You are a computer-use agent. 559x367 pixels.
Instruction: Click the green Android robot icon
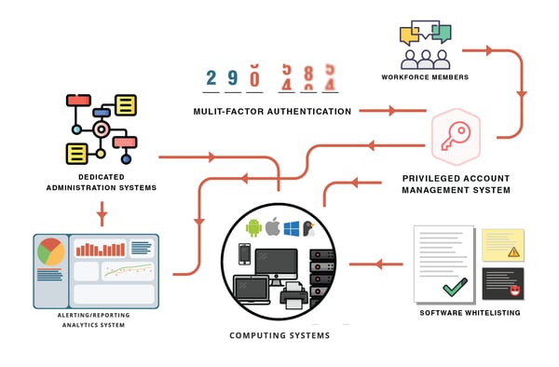tap(252, 227)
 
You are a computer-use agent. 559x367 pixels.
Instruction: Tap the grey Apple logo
tap(273, 226)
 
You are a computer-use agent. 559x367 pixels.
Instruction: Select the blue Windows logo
tap(293, 227)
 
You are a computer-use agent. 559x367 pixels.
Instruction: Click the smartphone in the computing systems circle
tap(244, 254)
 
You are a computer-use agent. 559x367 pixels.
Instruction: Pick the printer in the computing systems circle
tap(293, 297)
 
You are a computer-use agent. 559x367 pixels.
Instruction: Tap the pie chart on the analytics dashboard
tap(50, 251)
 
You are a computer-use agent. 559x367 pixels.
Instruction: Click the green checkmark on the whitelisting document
tap(455, 288)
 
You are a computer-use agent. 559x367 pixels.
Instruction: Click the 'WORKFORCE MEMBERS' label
tap(424, 77)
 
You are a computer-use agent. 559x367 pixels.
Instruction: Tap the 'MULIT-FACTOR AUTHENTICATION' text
tap(272, 112)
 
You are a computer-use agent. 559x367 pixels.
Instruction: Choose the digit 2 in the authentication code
tap(211, 78)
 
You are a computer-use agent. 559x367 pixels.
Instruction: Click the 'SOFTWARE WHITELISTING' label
tap(470, 313)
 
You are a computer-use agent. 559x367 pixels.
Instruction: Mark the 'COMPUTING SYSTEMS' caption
tap(279, 335)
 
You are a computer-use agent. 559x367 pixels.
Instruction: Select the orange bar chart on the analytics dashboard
tap(100, 249)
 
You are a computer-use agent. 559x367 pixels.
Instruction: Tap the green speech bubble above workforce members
tap(441, 34)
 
